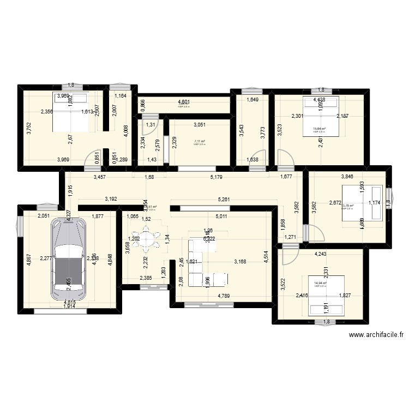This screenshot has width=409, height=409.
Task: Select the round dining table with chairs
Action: (x=146, y=238)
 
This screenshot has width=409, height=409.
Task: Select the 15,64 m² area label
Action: (x=318, y=129)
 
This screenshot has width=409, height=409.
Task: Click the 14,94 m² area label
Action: (x=320, y=283)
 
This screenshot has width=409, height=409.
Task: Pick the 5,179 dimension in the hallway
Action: (x=218, y=177)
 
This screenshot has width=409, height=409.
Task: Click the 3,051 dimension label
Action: (x=200, y=125)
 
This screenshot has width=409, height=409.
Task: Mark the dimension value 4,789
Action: (x=224, y=296)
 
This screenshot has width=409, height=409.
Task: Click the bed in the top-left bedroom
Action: (x=70, y=112)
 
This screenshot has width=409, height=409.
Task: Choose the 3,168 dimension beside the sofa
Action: (x=240, y=261)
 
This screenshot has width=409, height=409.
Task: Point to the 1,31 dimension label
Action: (x=149, y=124)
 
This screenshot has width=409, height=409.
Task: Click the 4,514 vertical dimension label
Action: (x=266, y=256)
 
